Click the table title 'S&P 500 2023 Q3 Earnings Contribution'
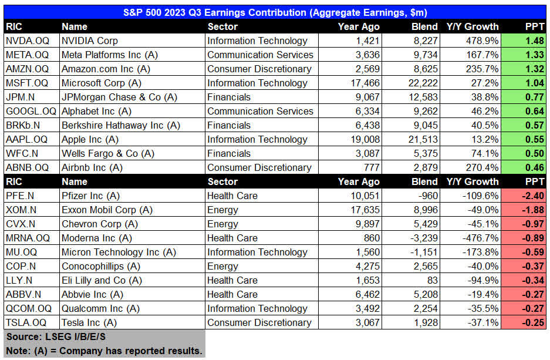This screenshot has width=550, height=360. point(275,12)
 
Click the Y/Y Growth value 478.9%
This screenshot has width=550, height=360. point(482,41)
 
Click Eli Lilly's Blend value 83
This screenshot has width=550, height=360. point(431,280)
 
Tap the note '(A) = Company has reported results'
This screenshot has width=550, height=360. point(104,351)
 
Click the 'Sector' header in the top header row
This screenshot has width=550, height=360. point(222,26)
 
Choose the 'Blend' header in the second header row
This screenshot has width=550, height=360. point(424,181)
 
